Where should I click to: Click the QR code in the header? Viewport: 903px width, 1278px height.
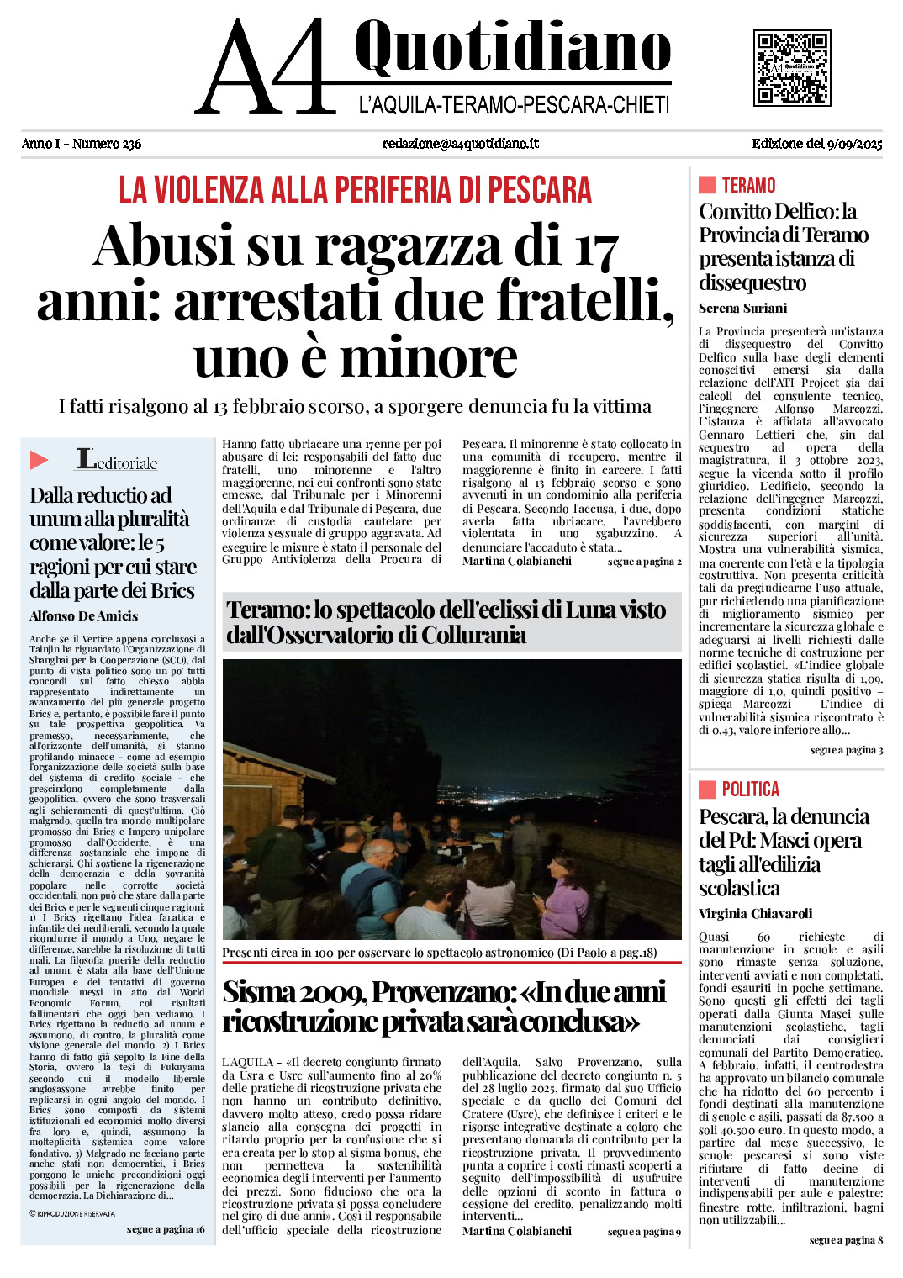pos(791,67)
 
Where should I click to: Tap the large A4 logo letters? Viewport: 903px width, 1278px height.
pos(265,67)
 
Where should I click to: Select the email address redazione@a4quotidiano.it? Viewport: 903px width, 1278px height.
pos(460,144)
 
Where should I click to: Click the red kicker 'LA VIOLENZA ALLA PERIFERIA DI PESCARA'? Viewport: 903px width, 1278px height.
pos(355,190)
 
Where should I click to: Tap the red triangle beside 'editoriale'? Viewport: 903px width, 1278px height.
pos(39,460)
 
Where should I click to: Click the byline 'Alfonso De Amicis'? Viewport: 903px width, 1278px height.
pos(83,616)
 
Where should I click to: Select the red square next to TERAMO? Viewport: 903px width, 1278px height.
pos(707,185)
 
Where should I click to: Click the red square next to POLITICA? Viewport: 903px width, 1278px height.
pos(707,789)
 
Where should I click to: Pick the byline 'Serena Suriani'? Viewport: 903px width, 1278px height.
pos(742,308)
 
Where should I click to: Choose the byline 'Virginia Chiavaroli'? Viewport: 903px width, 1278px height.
pos(755,913)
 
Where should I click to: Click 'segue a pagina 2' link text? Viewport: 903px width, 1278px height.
pos(644,562)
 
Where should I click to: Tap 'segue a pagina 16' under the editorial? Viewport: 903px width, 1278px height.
pos(166,1229)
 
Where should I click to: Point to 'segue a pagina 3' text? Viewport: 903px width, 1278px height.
pos(846,750)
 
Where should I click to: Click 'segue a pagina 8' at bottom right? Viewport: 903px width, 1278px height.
pos(846,1240)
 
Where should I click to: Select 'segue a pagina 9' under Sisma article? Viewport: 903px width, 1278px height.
pos(644,1232)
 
